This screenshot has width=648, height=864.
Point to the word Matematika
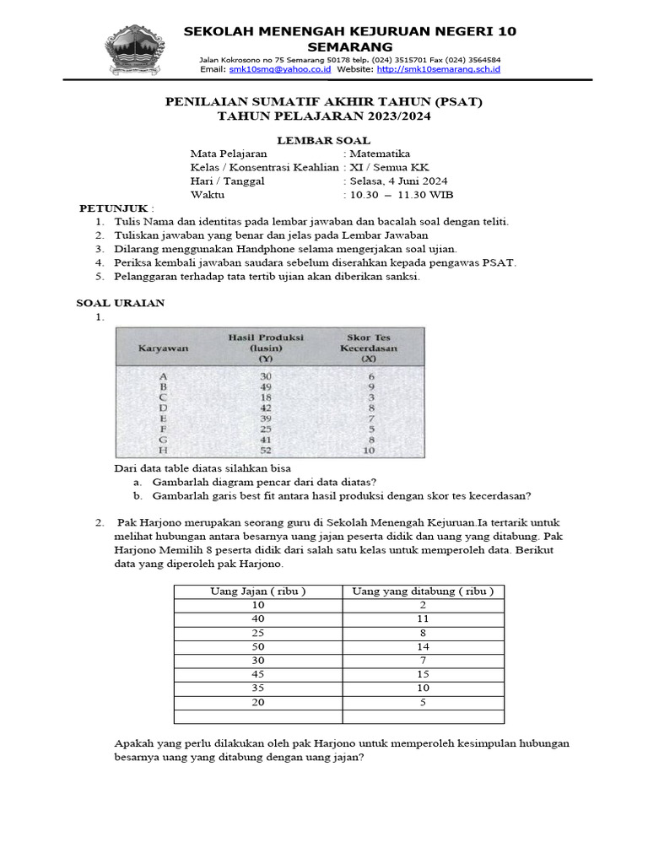pos(380,154)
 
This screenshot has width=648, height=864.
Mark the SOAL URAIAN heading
pos(121,303)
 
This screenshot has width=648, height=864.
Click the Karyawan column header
pos(164,347)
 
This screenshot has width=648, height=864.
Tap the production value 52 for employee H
pos(267,450)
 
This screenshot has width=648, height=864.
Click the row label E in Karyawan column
pos(164,418)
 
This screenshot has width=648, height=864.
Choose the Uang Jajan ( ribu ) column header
pos(257,591)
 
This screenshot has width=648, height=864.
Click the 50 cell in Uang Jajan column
pos(257,645)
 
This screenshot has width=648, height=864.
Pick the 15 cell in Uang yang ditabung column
pos(423,673)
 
